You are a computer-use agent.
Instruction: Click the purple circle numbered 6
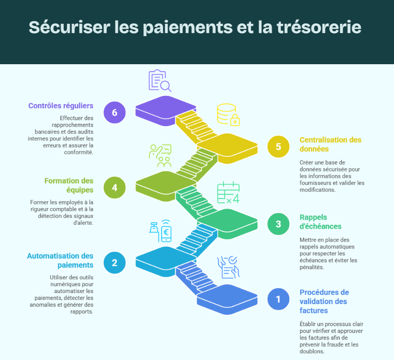pos(115,112)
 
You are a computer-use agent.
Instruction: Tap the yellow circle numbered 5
pos(279,147)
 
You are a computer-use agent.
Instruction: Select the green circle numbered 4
pos(115,187)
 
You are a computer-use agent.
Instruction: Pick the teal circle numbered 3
pos(279,224)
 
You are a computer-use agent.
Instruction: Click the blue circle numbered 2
pos(115,262)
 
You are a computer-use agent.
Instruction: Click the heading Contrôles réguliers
pos(60,105)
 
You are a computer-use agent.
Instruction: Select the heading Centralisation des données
pos(330,144)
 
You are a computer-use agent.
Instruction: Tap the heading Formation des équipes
pos(69,185)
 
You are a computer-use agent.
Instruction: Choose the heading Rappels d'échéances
pos(320,222)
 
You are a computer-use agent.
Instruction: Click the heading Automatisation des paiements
pos(60,260)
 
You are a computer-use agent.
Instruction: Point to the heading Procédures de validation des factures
pos(324,301)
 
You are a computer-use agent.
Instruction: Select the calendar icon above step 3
pos(228,192)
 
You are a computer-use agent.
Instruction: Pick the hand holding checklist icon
pos(228,267)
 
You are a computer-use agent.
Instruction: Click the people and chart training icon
pos(160,155)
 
